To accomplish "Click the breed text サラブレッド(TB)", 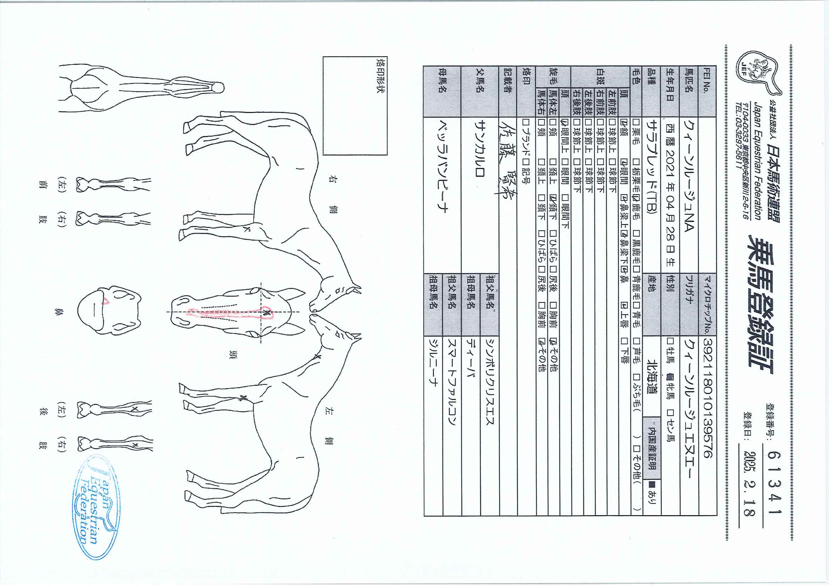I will (652, 167).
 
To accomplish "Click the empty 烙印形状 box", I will (355, 106).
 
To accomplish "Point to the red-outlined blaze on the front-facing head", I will (231, 314).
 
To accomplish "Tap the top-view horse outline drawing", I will (141, 88).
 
